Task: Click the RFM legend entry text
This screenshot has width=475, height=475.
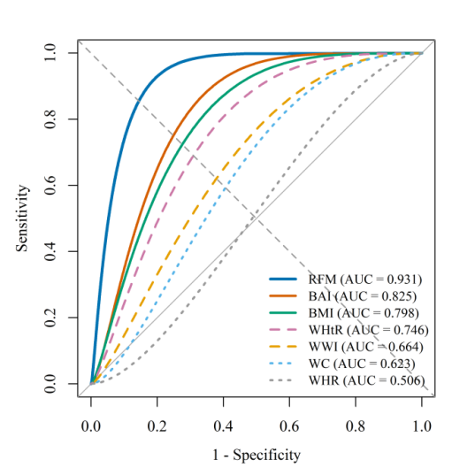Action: coord(365,280)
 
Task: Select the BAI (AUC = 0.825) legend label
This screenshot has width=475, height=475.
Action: coord(363,296)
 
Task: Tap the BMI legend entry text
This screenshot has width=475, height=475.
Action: coord(364,313)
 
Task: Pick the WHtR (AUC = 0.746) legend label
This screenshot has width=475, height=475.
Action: coord(369,330)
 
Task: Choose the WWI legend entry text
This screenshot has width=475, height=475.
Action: coord(366,347)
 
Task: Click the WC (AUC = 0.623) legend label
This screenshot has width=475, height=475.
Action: coord(362,364)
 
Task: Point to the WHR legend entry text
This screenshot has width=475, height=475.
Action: coord(367,380)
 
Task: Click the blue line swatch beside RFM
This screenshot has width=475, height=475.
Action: coord(283,279)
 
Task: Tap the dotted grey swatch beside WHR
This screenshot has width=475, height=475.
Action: coord(280,380)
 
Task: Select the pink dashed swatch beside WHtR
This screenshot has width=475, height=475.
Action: coord(283,330)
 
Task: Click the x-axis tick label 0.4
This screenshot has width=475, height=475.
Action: coord(223,426)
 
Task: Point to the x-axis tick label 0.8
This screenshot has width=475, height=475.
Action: coord(356,426)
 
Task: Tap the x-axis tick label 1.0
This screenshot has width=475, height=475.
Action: coord(422,426)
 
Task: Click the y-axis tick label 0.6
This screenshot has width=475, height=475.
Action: coord(50,185)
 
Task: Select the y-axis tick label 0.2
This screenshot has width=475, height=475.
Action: coord(50,318)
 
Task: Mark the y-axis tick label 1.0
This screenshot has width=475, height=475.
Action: coord(50,53)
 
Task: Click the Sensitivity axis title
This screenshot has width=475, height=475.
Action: coord(22,218)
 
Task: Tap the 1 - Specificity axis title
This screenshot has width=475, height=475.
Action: coord(257,455)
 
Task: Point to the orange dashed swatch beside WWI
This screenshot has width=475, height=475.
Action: coord(283,347)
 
